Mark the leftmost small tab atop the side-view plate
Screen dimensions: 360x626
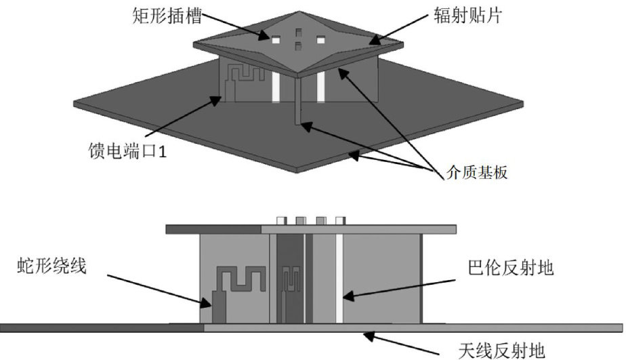click(281, 220)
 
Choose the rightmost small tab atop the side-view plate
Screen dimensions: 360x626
click(341, 220)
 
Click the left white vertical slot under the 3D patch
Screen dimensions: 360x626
click(276, 88)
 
